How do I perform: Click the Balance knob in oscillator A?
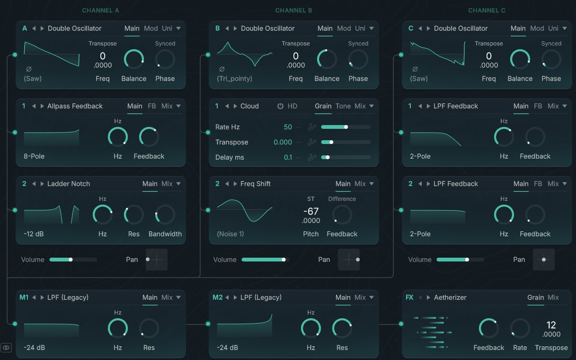(x=134, y=59)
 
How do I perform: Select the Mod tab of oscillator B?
(x=344, y=28)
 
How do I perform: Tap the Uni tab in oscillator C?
(x=553, y=28)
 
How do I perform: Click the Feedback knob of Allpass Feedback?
(x=149, y=137)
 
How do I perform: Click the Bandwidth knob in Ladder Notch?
(x=165, y=215)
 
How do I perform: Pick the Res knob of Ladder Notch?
(x=134, y=215)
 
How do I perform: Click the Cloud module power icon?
(x=280, y=106)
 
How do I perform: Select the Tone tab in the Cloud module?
(x=343, y=106)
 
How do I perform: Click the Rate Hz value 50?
(x=288, y=127)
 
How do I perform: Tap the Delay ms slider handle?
(x=328, y=157)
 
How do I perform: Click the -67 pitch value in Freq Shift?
(x=311, y=211)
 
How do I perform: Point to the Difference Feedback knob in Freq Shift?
(x=342, y=215)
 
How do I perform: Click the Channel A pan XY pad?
(x=157, y=260)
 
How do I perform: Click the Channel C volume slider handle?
(x=467, y=260)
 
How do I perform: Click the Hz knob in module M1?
(x=118, y=328)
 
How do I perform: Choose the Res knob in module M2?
(x=342, y=328)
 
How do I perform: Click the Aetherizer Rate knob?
(x=520, y=328)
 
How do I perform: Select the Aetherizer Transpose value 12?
(x=551, y=325)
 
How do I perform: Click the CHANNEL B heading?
(x=294, y=10)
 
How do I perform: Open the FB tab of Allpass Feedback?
(x=152, y=106)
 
